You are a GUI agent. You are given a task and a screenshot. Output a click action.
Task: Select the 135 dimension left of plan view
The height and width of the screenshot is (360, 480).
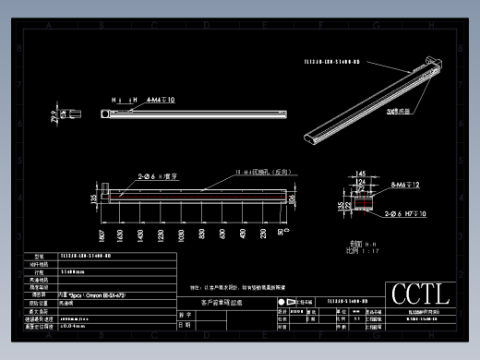pyautogui.click(x=92, y=196)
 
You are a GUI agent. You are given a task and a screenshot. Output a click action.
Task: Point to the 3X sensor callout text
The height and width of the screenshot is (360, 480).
pyautogui.click(x=400, y=108)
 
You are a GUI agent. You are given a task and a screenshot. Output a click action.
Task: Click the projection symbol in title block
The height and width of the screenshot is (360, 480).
pyautogui.click(x=282, y=302)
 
